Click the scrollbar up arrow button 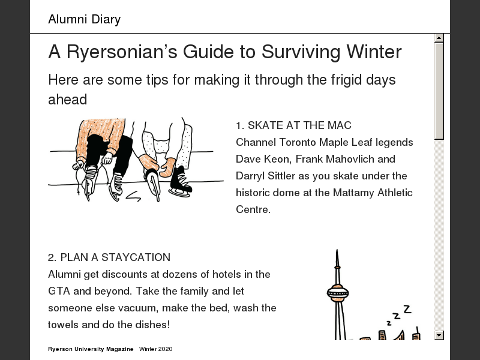coord(439,38)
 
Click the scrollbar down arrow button coord(439,335)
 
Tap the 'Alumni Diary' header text coord(85,19)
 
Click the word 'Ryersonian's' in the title coord(122,52)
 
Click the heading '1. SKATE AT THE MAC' coord(293,125)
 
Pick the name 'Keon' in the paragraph coord(277,159)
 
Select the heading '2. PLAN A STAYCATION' coord(109,257)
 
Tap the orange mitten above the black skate coord(168,167)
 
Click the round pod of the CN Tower coord(338,293)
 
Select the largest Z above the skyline coord(407,309)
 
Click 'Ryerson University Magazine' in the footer coord(91,349)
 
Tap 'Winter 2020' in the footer coord(156,349)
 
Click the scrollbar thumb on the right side coord(439,91)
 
